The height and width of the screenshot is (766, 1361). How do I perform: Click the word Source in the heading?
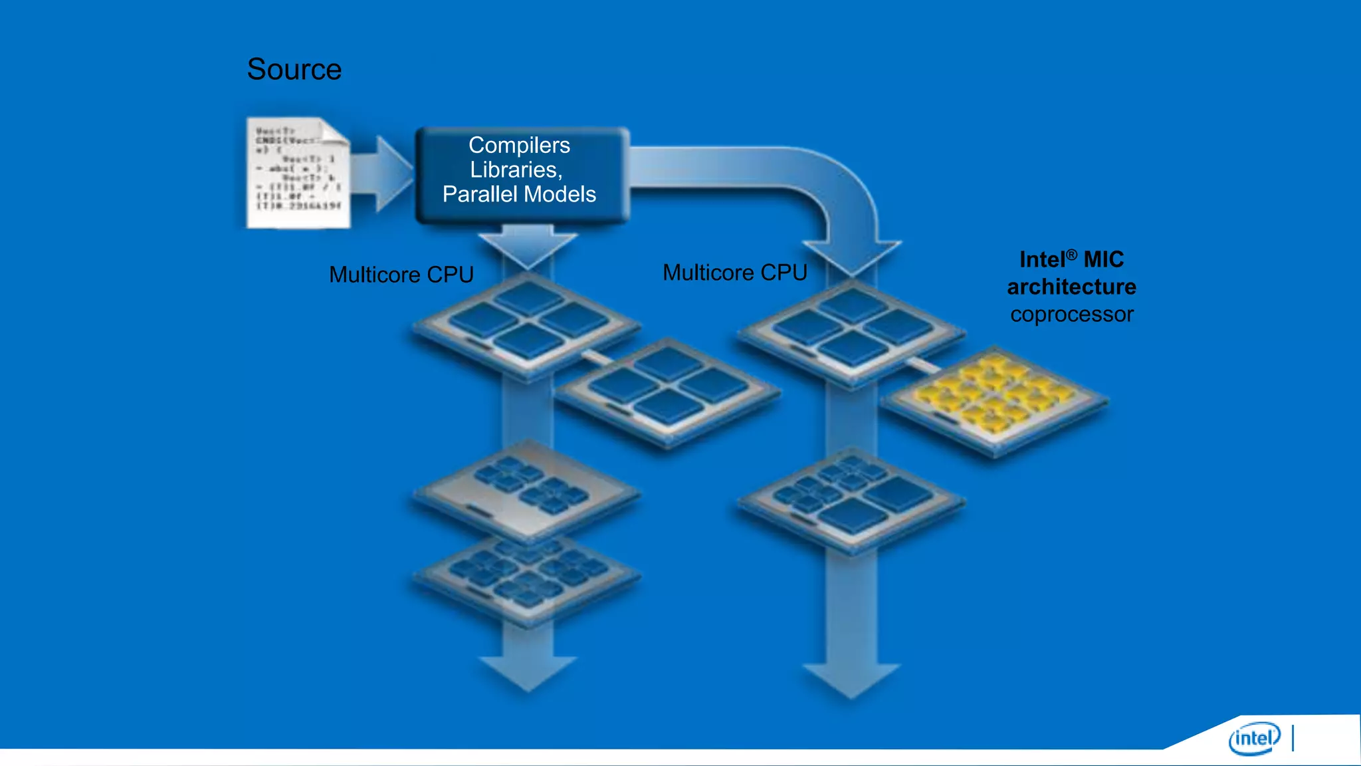pos(294,69)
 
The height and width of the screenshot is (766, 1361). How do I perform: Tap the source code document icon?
pos(298,173)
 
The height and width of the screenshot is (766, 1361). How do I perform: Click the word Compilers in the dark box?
pos(519,145)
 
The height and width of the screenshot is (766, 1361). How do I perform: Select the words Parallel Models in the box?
pos(519,194)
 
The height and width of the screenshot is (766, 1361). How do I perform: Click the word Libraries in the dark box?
pos(515,170)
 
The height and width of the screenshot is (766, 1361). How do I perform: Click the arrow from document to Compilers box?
pos(383,174)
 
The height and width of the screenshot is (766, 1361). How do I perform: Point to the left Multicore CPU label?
pos(401,275)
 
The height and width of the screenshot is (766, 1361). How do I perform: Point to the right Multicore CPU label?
pos(734,273)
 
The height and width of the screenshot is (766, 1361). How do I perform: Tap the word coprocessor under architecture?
pos(1071,315)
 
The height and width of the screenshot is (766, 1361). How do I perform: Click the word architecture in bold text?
pos(1071,287)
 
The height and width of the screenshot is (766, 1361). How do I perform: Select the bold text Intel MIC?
pos(1071,259)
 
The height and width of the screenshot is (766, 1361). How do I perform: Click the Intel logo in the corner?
pos(1254,738)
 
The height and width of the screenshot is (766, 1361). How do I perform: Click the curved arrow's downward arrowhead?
pos(853,259)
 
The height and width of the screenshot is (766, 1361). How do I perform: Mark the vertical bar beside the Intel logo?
pos(1293,738)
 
